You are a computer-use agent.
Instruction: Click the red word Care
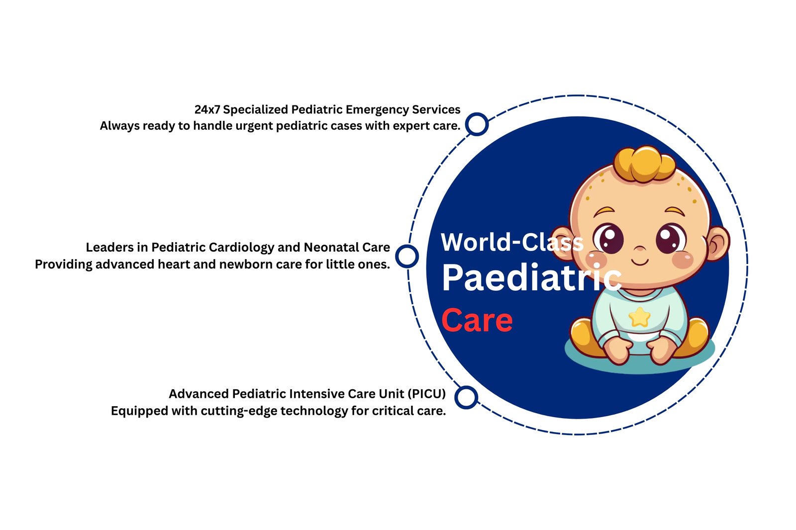pyautogui.click(x=477, y=321)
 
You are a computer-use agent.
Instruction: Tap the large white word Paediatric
pyautogui.click(x=531, y=278)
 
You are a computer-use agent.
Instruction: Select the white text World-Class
pyautogui.click(x=511, y=243)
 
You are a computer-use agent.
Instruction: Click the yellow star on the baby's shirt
pyautogui.click(x=639, y=317)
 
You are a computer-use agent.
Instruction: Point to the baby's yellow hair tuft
pyautogui.click(x=644, y=163)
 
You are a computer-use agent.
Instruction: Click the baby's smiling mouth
pyautogui.click(x=640, y=261)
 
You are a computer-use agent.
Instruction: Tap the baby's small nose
pyautogui.click(x=640, y=248)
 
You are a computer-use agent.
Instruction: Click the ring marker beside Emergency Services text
pyautogui.click(x=477, y=124)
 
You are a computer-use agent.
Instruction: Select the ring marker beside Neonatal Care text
pyautogui.click(x=407, y=257)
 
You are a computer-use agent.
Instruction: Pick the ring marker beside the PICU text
pyautogui.click(x=466, y=397)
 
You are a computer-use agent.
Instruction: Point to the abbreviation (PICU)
pyautogui.click(x=426, y=394)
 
